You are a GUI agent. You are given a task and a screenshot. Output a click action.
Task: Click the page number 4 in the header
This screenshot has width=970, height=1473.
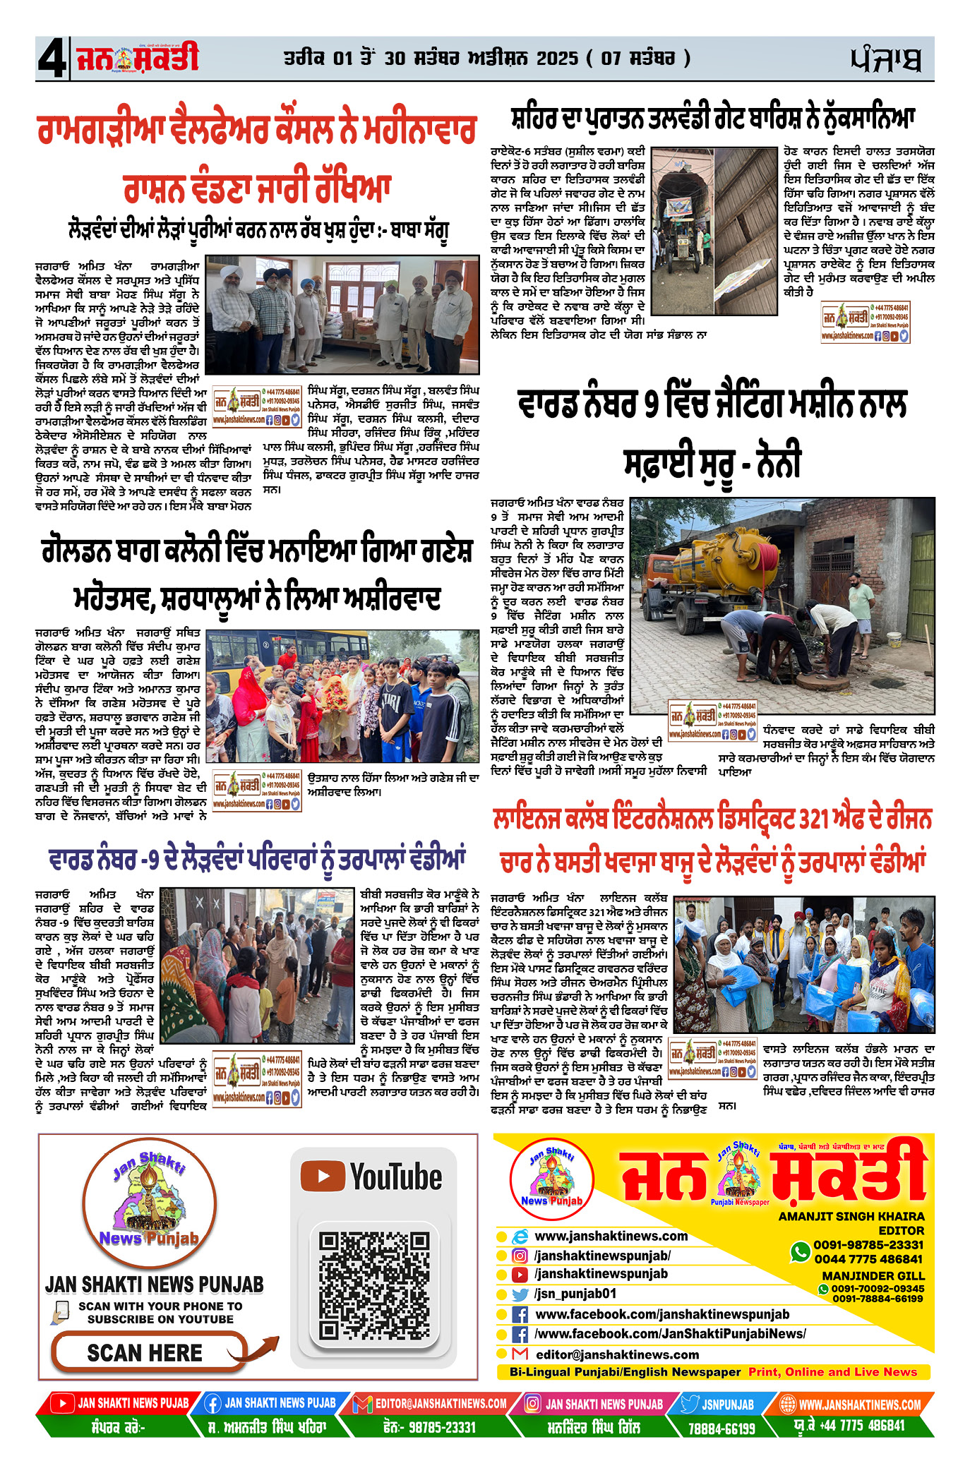[x=51, y=59]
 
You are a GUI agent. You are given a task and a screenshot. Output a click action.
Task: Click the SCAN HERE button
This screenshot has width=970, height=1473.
[x=145, y=1352]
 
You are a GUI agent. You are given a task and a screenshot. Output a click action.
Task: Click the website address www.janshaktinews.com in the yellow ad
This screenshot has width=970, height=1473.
[x=611, y=1236]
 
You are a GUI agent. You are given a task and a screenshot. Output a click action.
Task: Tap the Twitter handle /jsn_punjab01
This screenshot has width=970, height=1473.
[x=575, y=1294]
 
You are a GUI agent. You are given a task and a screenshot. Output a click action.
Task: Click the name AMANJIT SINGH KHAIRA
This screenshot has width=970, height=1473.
[x=851, y=1216]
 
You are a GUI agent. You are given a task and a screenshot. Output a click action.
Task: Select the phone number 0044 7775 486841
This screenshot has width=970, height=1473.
[x=868, y=1258]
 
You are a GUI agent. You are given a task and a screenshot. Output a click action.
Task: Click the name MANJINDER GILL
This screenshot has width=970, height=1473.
[x=873, y=1275]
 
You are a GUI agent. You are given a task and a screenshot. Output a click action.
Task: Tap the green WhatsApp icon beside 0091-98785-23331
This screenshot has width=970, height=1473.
[x=800, y=1251]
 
